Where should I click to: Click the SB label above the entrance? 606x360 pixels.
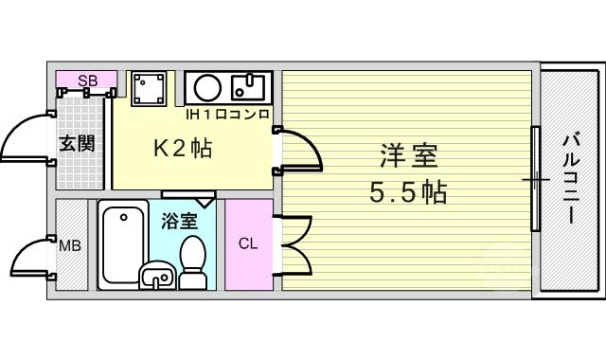[x=88, y=81]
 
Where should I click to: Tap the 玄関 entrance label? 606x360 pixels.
[x=77, y=144]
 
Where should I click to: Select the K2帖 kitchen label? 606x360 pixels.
[x=183, y=148]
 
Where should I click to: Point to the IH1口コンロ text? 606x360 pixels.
[x=227, y=115]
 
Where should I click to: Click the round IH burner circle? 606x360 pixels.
[x=208, y=88]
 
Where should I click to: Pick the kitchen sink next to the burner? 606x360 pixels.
[x=248, y=87]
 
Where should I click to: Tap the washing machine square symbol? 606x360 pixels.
[x=149, y=89]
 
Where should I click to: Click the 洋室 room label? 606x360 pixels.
[x=408, y=155]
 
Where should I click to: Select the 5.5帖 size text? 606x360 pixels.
[x=408, y=192]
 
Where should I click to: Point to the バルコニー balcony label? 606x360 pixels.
[x=570, y=178]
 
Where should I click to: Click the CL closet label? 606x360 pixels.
[x=248, y=244]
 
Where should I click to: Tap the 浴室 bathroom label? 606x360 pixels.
[x=180, y=221]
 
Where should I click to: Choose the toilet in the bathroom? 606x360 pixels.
[x=192, y=262]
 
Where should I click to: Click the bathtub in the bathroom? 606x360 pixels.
[x=123, y=244]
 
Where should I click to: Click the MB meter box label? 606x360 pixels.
[x=70, y=245]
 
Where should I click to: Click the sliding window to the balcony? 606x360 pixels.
[x=535, y=179]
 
